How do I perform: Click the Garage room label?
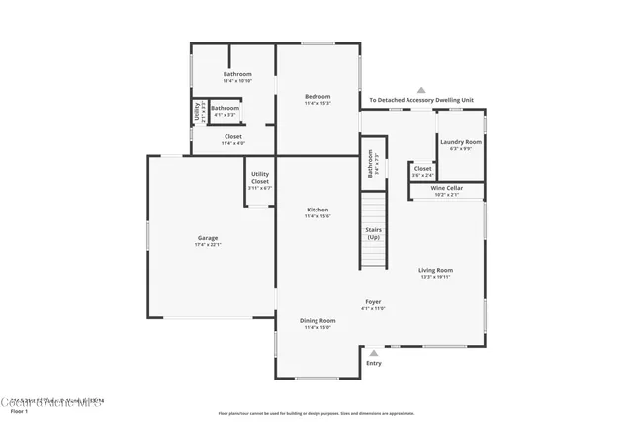coord(207,237)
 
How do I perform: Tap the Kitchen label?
coord(317,210)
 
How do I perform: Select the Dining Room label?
coord(317,320)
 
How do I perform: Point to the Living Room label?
coord(435,270)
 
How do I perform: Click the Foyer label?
coord(372,302)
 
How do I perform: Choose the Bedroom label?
coord(317,96)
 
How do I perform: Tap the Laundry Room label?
coord(461,142)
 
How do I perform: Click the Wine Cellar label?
coord(447,188)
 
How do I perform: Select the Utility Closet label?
coord(260,178)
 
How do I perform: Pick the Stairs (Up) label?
coord(373,234)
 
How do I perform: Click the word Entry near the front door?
coord(373,364)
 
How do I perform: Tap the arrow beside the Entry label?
coord(373,352)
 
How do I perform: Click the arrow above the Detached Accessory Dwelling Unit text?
coord(422,88)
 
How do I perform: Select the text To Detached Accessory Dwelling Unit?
coord(422,100)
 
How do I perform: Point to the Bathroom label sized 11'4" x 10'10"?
coord(237,74)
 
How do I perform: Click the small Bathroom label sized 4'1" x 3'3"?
coord(225,108)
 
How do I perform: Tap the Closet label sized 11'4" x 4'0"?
coord(233,136)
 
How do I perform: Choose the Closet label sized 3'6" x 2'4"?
coord(422,169)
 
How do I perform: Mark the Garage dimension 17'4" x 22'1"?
coord(207,244)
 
